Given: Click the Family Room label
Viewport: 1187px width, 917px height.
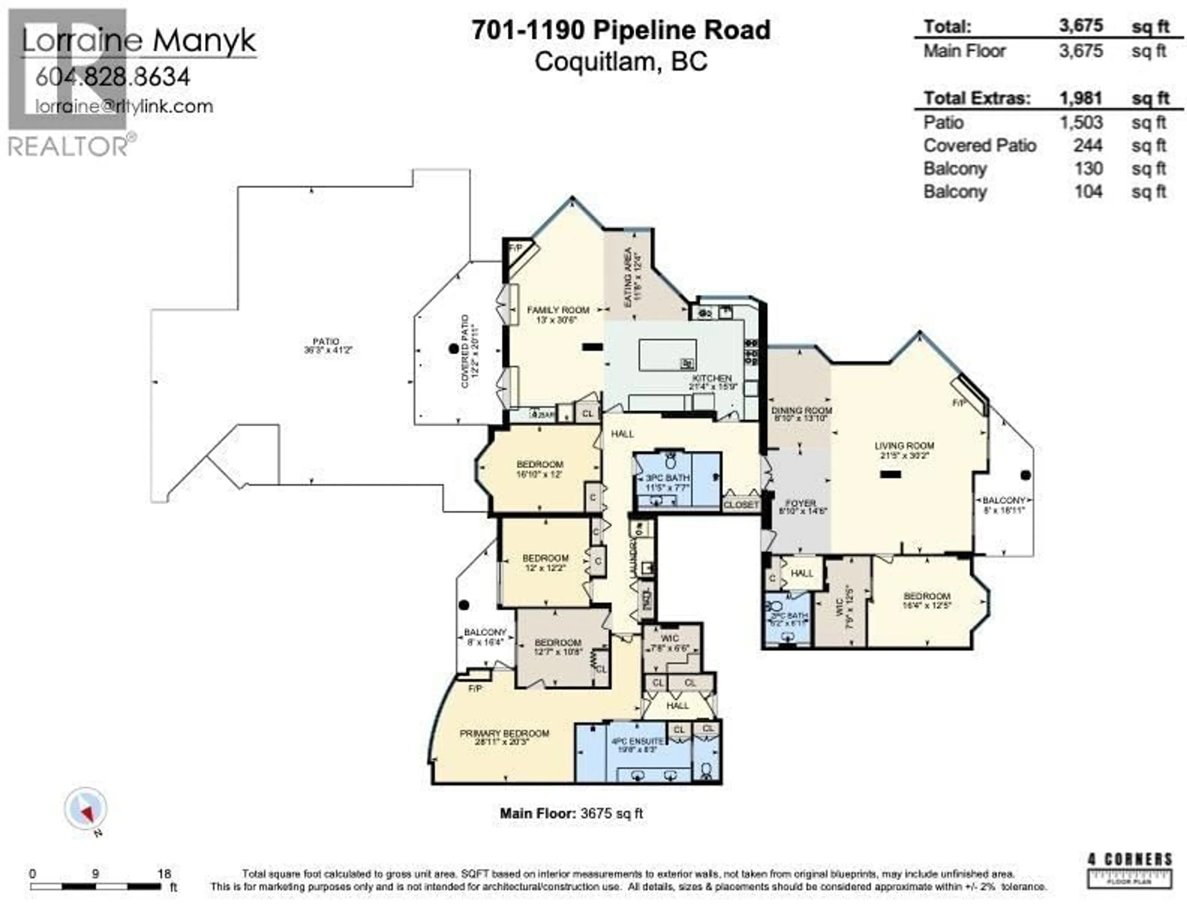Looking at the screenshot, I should [558, 310].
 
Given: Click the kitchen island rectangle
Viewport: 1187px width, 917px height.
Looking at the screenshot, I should [667, 355].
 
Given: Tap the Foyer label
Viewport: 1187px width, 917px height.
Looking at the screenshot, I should [801, 504].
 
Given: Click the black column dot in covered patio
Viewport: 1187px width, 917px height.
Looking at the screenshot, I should [453, 348].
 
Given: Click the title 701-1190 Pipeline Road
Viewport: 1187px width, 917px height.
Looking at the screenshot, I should [621, 30].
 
